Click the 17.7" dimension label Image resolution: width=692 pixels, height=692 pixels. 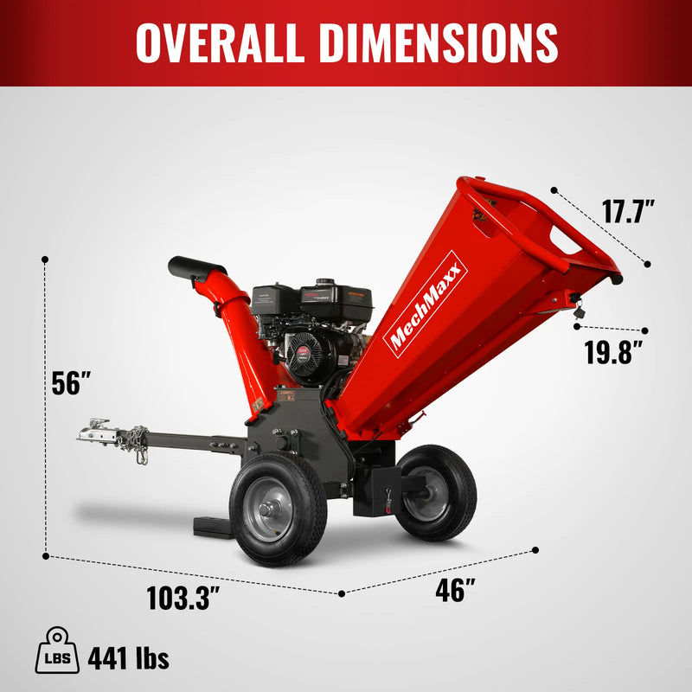[628, 212]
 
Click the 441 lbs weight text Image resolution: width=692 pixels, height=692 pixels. [128, 658]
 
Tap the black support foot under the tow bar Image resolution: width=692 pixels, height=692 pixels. [212, 526]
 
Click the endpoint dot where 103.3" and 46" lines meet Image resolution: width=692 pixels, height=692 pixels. [342, 593]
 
